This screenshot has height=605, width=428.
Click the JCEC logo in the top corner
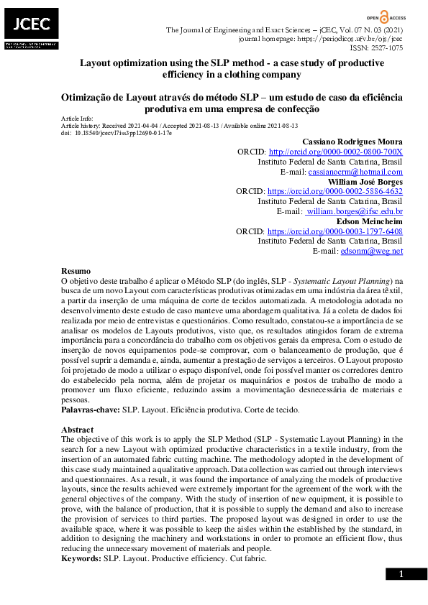(29, 28)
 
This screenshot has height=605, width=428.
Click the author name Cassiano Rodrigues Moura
(352, 142)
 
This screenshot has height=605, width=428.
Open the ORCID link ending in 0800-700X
(335, 152)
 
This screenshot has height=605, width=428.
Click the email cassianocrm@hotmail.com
(355, 172)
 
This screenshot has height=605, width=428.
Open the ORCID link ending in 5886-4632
(334, 193)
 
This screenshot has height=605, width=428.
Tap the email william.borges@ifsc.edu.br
(355, 213)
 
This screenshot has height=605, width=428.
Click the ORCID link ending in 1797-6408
(334, 233)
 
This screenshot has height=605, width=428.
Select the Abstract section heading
(78, 429)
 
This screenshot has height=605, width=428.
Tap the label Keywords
(81, 558)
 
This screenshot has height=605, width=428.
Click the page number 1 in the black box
(401, 573)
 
